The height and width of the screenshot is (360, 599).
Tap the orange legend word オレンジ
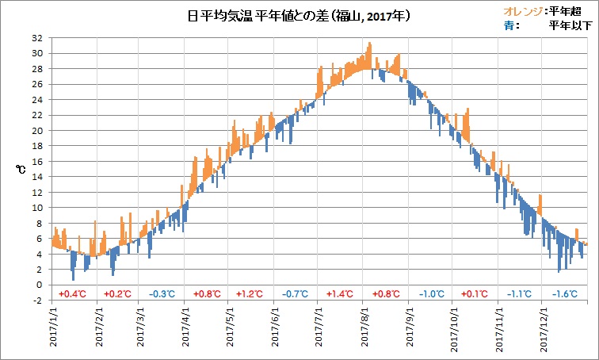click(x=521, y=10)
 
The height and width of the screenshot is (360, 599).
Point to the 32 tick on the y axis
click(x=37, y=38)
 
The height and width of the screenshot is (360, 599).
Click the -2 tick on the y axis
click(x=37, y=301)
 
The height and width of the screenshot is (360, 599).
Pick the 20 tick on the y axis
click(x=37, y=131)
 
